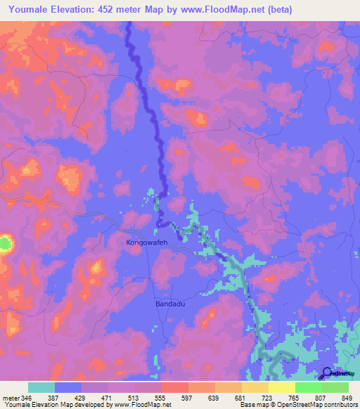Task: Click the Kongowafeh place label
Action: click(147, 243)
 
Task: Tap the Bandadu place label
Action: click(169, 304)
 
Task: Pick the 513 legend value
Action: click(142, 397)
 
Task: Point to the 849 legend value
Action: click(347, 397)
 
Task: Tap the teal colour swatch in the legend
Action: click(41, 387)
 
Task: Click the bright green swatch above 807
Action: click(308, 387)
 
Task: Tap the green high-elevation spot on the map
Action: click(5, 244)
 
